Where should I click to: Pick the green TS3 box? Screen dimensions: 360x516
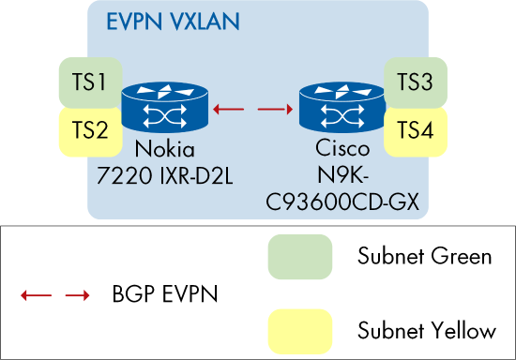click(416, 82)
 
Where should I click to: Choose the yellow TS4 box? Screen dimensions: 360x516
click(416, 130)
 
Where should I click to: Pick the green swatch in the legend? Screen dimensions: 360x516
click(299, 256)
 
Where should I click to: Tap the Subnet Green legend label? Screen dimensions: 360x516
click(425, 257)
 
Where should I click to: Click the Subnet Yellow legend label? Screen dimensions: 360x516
click(428, 329)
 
